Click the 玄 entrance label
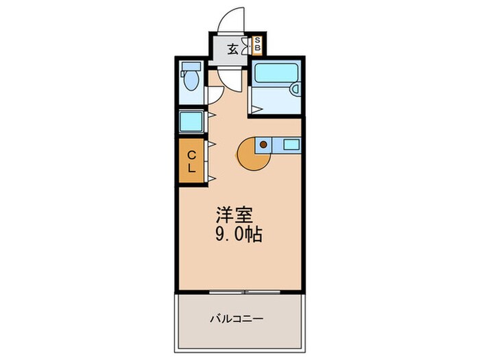click(232, 49)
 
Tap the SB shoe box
click(257, 45)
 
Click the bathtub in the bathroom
click(273, 74)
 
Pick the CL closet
click(192, 161)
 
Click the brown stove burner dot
click(263, 145)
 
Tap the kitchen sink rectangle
click(291, 145)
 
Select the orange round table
click(251, 155)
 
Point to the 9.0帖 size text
click(237, 234)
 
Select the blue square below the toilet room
click(191, 122)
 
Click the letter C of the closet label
click(192, 154)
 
